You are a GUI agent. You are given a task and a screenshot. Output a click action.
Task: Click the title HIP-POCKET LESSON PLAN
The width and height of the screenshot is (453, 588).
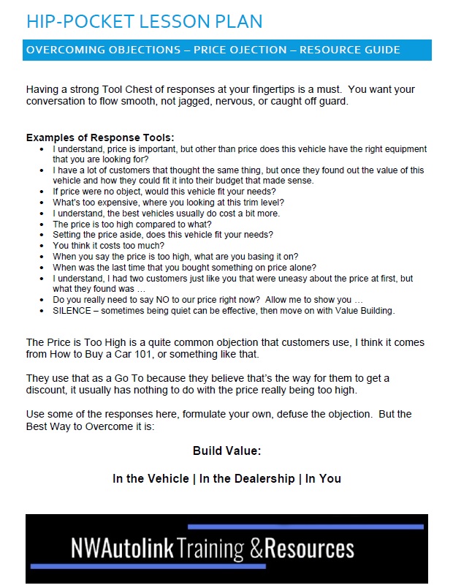[144, 21]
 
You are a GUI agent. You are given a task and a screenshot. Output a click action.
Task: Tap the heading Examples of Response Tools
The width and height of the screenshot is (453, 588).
[100, 137]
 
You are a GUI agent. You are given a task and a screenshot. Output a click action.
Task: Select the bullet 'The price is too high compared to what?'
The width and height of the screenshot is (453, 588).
[135, 224]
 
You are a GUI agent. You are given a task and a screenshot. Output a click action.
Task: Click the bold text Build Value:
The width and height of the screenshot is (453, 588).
[226, 451]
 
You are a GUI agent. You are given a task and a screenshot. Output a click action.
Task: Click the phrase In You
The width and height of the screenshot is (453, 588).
[323, 479]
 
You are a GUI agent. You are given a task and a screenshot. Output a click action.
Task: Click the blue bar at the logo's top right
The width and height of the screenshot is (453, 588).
[305, 527]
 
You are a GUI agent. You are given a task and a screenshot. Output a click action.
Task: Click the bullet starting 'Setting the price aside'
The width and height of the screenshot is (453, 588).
[162, 235]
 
